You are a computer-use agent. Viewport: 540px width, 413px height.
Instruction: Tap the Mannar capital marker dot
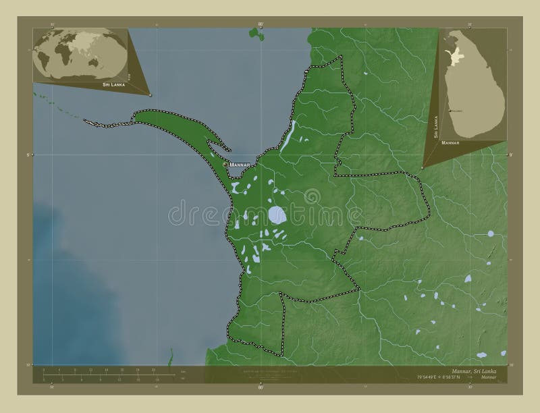225,164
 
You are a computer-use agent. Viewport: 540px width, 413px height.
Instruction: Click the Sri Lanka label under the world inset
113,85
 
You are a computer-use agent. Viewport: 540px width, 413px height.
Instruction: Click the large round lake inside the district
276,215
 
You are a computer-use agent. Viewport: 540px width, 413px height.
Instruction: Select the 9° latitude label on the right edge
510,155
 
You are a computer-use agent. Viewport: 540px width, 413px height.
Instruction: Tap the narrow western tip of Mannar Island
88,121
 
